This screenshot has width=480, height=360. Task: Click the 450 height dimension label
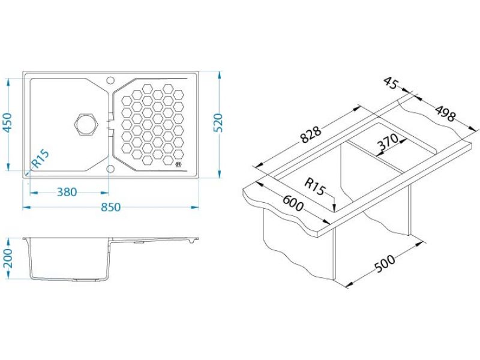click(7, 123)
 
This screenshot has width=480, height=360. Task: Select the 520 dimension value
click(218, 123)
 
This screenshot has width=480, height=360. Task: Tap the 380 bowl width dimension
click(67, 192)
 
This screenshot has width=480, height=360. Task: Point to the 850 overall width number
click(110, 207)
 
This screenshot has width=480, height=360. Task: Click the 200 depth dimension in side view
click(7, 259)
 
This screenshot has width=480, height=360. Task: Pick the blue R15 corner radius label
click(40, 158)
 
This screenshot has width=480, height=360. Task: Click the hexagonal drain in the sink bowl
click(86, 124)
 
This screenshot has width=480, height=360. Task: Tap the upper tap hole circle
click(110, 80)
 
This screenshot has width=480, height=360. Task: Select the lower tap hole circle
click(110, 169)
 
